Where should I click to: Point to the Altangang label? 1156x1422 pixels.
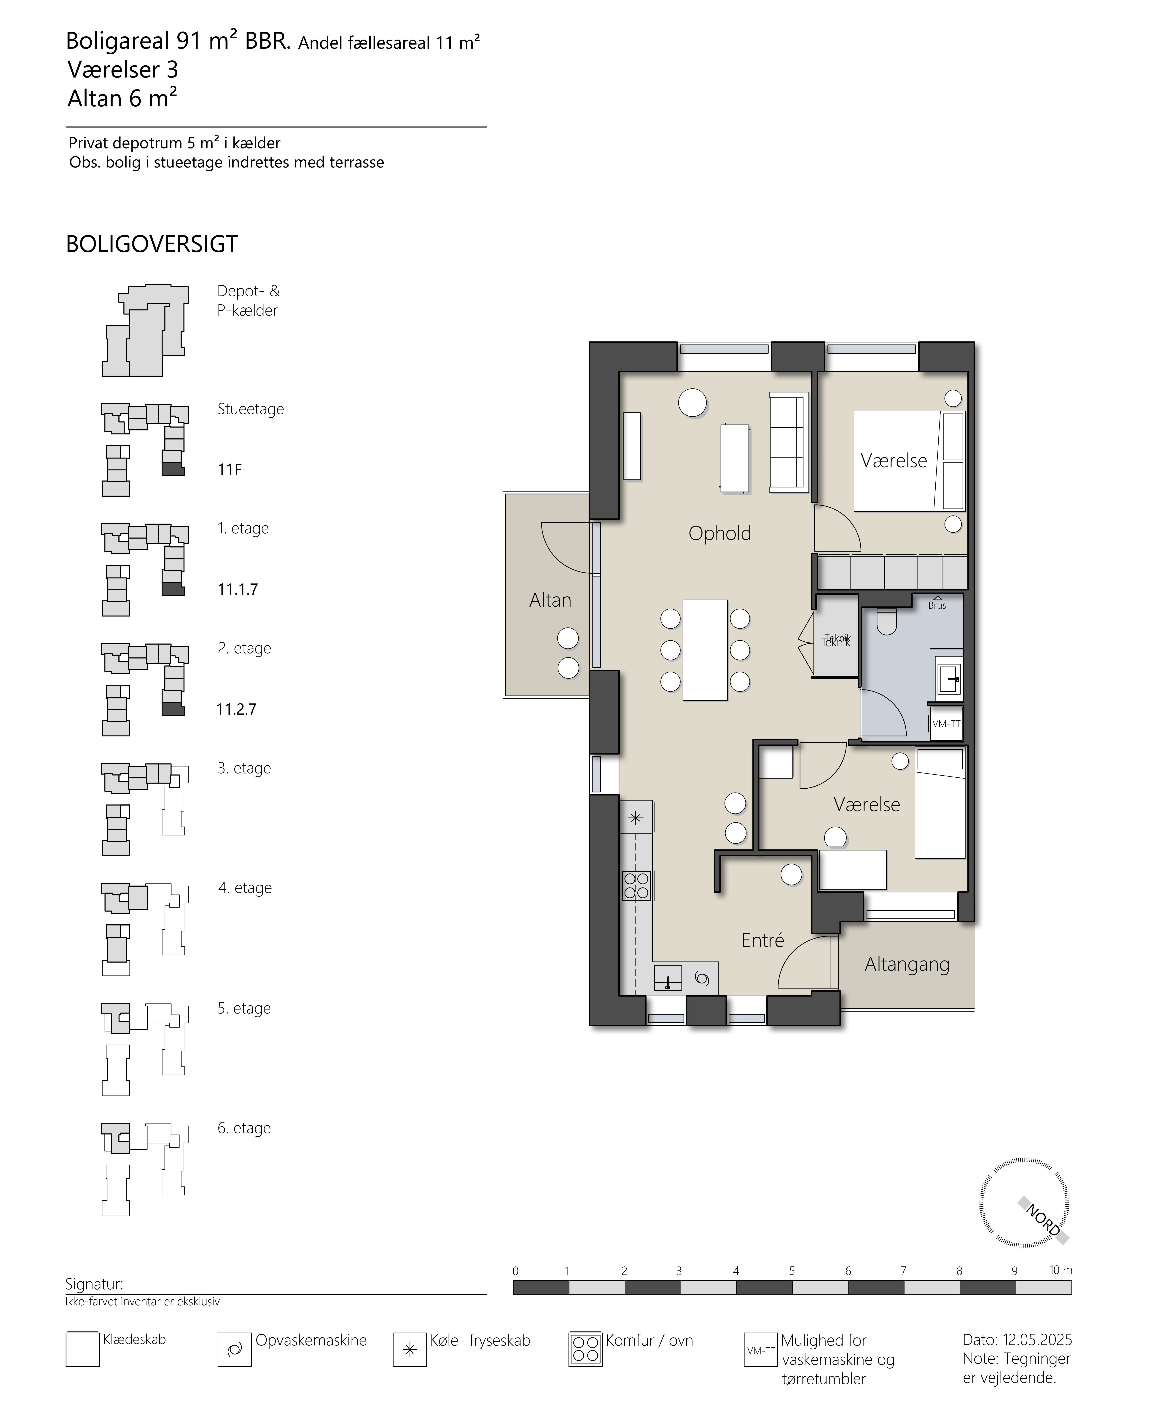(907, 964)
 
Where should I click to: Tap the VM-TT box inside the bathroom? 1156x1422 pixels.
(946, 724)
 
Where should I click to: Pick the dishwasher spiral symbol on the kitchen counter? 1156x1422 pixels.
(701, 978)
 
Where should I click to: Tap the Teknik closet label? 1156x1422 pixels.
(836, 641)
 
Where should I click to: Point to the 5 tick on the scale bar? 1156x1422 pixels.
(792, 1271)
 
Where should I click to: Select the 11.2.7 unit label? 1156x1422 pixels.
(236, 709)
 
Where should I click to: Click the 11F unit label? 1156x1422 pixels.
(230, 470)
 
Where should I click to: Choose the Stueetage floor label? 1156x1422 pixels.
(250, 409)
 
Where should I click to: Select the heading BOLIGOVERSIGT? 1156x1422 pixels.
(152, 245)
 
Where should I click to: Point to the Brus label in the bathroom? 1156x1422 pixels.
(937, 605)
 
